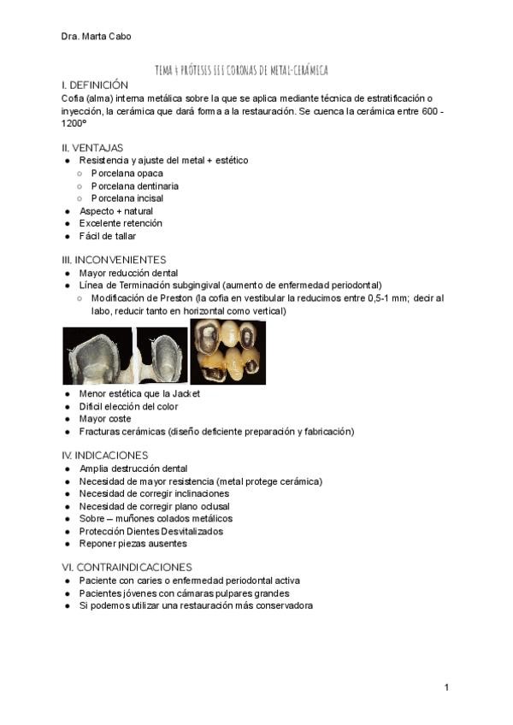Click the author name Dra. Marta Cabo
(97, 36)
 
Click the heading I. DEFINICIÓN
(95, 85)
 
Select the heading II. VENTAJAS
(92, 147)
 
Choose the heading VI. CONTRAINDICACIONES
(127, 567)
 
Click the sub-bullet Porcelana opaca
(127, 173)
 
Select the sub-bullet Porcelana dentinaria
(135, 186)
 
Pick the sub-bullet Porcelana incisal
(127, 198)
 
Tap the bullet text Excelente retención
(121, 223)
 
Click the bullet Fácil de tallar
(108, 236)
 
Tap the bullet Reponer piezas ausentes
(133, 544)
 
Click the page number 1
(446, 687)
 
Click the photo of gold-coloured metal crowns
(227, 352)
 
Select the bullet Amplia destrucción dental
(133, 469)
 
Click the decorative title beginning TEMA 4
(241, 70)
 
